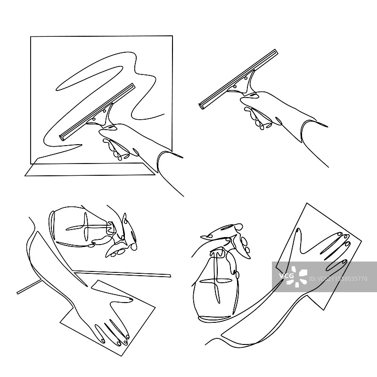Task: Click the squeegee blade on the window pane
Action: coord(97,112)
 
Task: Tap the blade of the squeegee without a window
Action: coord(238,79)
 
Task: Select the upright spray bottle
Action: coord(215,284)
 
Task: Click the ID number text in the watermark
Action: coord(338,279)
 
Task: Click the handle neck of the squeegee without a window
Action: coord(248,83)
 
